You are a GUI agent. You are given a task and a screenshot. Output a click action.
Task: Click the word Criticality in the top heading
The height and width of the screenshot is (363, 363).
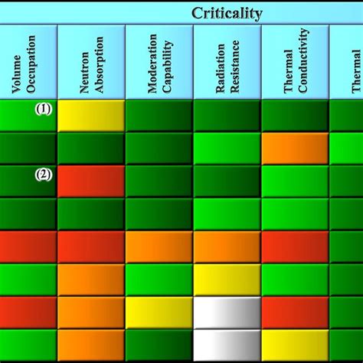(227, 13)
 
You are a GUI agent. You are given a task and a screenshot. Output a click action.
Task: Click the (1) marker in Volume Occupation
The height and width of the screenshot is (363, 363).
(43, 109)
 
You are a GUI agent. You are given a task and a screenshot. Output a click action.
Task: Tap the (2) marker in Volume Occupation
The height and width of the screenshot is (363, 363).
(43, 174)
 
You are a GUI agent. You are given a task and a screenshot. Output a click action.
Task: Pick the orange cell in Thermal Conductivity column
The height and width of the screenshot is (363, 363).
(295, 148)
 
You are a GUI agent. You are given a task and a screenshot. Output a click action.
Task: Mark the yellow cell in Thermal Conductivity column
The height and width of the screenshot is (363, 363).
(295, 345)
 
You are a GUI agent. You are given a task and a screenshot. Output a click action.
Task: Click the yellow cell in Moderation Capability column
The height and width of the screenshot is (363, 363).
(159, 312)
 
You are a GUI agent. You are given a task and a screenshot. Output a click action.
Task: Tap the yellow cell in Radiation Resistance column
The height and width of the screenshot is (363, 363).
(227, 280)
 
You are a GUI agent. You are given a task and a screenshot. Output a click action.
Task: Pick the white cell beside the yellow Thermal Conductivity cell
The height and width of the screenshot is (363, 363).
(227, 345)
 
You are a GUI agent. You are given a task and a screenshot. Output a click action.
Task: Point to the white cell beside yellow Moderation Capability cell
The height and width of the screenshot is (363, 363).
(227, 312)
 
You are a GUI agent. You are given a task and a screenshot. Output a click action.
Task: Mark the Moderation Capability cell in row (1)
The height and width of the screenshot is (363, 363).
(159, 115)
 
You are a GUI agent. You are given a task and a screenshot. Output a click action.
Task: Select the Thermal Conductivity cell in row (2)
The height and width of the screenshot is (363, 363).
(295, 181)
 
